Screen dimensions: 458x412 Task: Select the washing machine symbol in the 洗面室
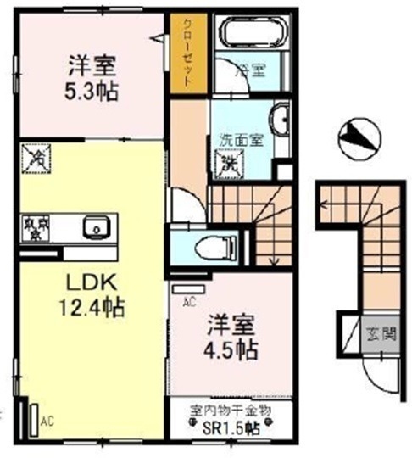point(230,161)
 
